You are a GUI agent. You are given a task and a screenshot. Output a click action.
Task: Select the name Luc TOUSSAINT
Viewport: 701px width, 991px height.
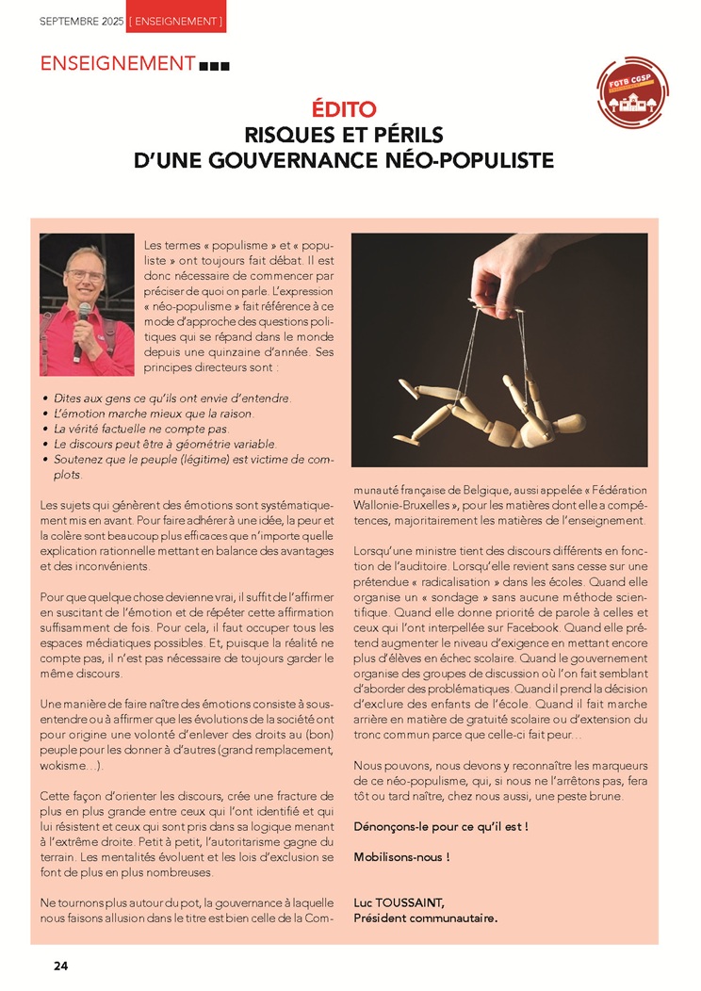click(x=399, y=902)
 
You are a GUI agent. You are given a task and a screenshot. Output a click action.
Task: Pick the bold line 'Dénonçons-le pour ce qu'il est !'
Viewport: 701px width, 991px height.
click(x=440, y=826)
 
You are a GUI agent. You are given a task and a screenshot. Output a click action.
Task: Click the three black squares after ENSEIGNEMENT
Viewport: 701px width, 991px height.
click(x=215, y=66)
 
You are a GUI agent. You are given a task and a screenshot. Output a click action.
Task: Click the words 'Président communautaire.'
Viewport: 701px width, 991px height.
click(x=425, y=917)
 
